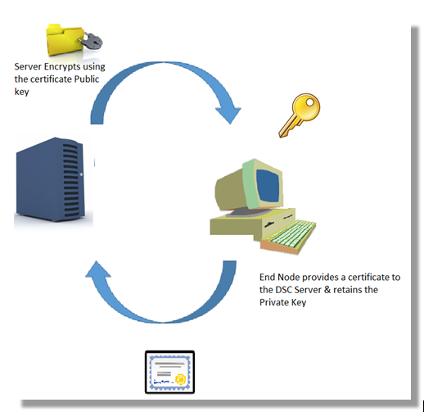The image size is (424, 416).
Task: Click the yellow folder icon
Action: (65, 40)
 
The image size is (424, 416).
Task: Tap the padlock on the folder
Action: (91, 42)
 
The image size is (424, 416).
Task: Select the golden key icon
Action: (300, 115)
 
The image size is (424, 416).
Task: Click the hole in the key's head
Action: (310, 102)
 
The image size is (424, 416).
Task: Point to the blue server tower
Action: (51, 179)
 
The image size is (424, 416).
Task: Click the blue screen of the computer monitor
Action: (268, 185)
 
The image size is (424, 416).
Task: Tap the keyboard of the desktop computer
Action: (289, 237)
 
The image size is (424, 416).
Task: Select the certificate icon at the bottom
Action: (169, 373)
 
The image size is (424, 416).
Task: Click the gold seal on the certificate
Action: (181, 379)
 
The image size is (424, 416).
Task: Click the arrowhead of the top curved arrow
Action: (228, 115)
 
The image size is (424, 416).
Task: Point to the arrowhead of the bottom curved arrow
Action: (97, 270)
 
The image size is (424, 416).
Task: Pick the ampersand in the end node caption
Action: (327, 290)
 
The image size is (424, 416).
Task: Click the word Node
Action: (289, 277)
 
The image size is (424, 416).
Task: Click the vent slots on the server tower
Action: (71, 181)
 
